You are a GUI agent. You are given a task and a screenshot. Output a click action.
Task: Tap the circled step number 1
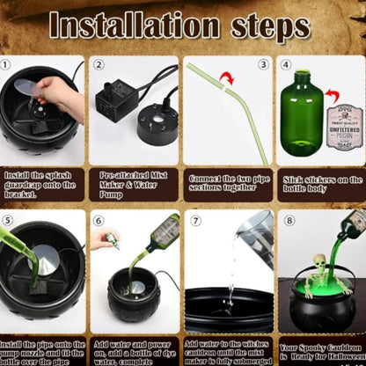click(6, 63)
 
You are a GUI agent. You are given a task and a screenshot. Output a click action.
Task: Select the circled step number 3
click(262, 64)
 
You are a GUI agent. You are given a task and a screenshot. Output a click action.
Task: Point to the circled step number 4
click(286, 64)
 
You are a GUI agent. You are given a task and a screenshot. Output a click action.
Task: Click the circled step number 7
click(195, 219)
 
